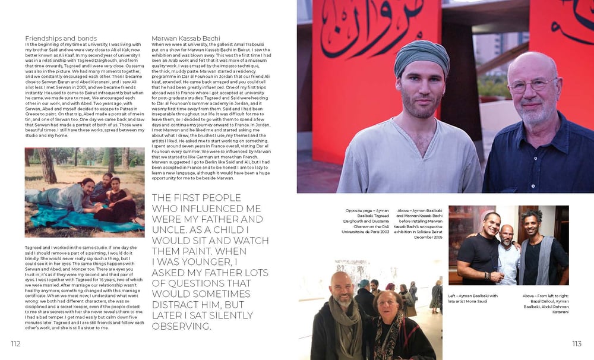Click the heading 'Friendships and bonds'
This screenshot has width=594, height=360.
coord(61,39)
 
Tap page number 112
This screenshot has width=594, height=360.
coord(15,343)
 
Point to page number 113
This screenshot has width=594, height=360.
coord(576,343)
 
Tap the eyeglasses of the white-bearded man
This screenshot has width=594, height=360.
coord(532,84)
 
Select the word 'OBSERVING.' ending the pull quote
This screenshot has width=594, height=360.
coord(182,326)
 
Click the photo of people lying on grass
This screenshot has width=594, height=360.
coord(84,192)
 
